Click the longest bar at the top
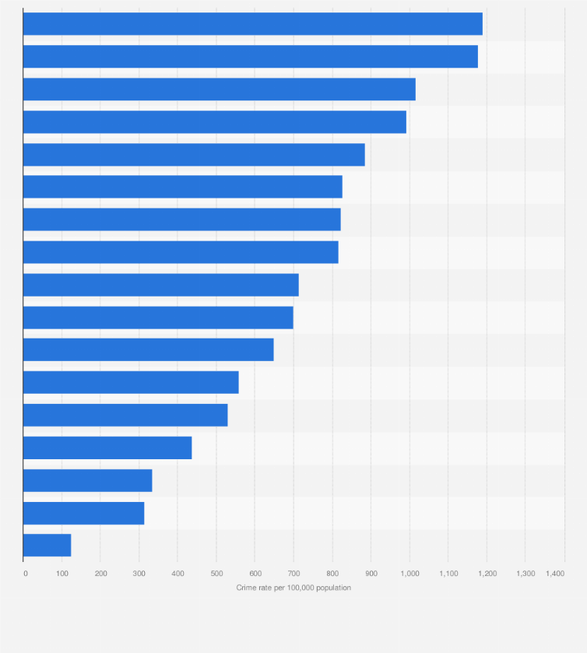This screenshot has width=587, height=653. click(252, 24)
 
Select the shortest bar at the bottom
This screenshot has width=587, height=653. click(47, 545)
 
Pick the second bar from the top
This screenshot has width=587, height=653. click(250, 57)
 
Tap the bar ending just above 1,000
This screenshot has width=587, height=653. click(219, 90)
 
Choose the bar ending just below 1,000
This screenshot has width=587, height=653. click(214, 122)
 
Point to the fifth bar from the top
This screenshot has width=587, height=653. click(194, 155)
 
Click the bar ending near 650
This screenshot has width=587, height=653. click(148, 350)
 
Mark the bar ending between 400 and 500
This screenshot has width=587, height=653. click(107, 448)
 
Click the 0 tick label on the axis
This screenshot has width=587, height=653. click(26, 574)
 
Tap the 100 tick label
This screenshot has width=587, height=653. click(62, 574)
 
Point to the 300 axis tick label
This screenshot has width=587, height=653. click(139, 574)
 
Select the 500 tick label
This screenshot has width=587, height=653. click(216, 574)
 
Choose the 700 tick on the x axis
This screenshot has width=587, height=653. click(293, 574)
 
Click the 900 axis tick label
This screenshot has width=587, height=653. click(371, 574)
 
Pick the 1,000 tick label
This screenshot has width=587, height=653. click(409, 574)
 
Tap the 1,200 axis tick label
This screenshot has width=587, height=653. click(487, 574)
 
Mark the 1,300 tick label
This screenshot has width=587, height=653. click(525, 574)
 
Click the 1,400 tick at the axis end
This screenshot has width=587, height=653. click(554, 574)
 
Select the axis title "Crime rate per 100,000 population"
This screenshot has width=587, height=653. click(293, 588)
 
